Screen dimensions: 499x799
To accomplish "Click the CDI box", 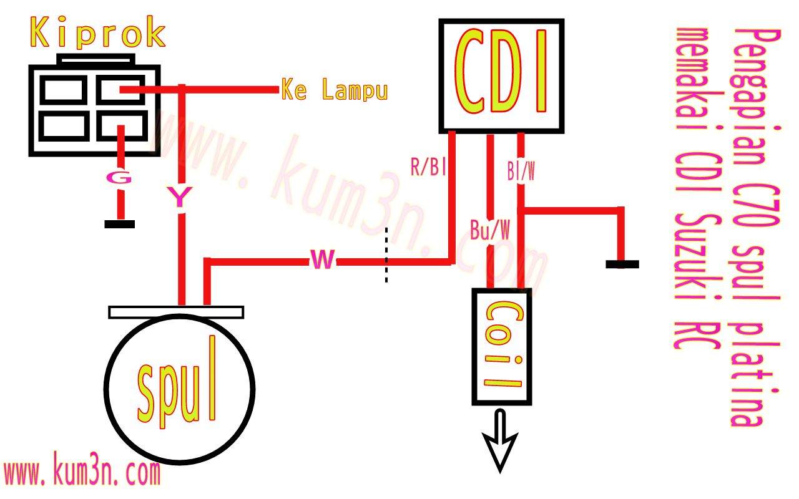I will (x=502, y=75).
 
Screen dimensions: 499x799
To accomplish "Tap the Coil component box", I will (x=502, y=347).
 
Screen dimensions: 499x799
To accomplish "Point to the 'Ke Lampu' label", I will (x=335, y=90).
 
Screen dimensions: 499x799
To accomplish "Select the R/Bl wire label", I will (x=428, y=167).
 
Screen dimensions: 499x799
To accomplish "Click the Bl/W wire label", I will (x=521, y=172).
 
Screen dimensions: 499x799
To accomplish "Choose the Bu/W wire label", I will (x=490, y=231).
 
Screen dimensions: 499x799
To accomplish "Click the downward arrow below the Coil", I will (x=501, y=440).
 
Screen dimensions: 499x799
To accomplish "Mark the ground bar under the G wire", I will (x=119, y=224).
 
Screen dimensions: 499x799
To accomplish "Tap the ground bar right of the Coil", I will (x=622, y=264).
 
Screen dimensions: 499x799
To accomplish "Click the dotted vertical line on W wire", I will (x=386, y=256).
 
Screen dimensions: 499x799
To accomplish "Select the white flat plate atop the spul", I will (x=176, y=312).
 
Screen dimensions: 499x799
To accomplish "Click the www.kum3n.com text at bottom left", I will (x=81, y=473).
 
